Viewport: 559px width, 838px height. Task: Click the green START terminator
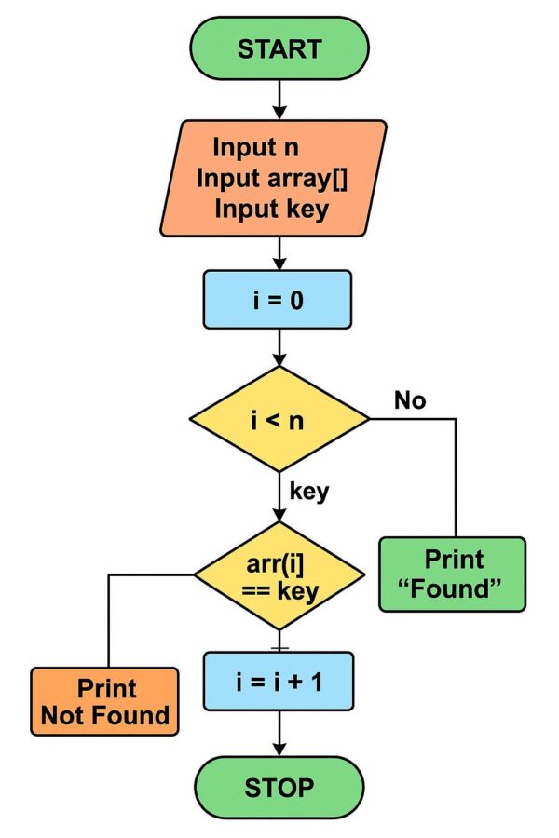pos(279,48)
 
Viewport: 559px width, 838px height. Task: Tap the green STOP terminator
pos(279,788)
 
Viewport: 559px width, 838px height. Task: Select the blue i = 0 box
pos(278,299)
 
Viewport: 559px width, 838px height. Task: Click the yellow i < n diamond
pos(279,419)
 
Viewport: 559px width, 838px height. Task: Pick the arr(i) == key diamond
pos(279,576)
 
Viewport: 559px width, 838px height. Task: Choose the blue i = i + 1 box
pos(279,683)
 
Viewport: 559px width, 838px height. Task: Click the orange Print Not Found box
pos(104,701)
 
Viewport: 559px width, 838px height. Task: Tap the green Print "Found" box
pos(453,574)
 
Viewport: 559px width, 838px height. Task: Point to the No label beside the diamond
pos(409,400)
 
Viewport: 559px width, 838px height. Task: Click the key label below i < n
pos(309,491)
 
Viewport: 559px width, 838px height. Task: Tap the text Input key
pos(271,209)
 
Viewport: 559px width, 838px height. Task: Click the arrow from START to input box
pos(279,99)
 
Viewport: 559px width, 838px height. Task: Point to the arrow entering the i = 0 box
pos(279,252)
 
